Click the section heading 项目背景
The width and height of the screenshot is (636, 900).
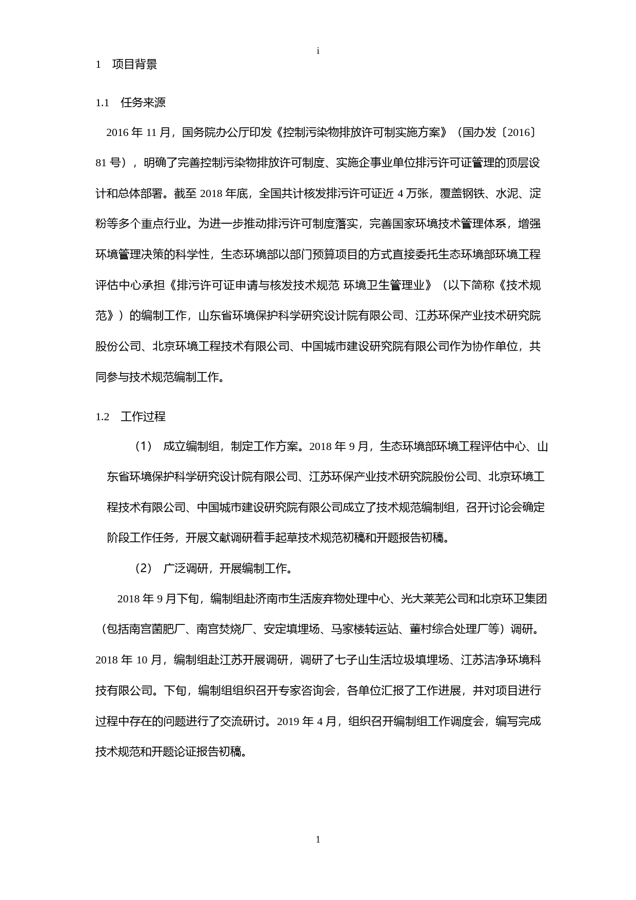pos(134,65)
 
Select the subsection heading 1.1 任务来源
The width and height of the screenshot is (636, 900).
pos(131,103)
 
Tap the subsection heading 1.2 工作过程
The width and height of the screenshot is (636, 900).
pos(131,417)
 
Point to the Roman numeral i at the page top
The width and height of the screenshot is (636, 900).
pos(318,51)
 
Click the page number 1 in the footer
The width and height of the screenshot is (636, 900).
pos(318,839)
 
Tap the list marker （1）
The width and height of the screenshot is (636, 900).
pos(144,446)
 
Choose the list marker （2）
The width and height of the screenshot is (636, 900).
pos(144,569)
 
